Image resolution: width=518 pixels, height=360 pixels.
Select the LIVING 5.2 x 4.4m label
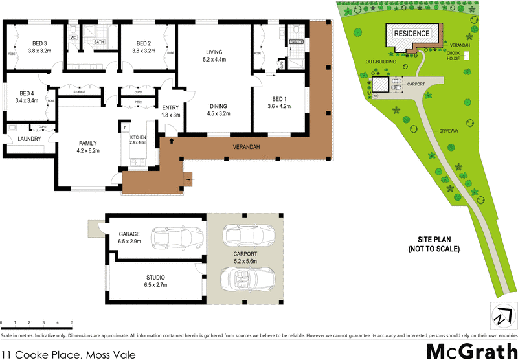[x=214, y=55]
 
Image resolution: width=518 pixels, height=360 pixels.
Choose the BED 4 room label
[x=27, y=97]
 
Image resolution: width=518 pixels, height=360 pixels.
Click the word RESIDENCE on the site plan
[x=412, y=32]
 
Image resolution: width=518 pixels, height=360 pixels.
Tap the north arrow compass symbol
[x=500, y=316]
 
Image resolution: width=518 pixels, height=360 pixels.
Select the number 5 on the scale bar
[x=72, y=322]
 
